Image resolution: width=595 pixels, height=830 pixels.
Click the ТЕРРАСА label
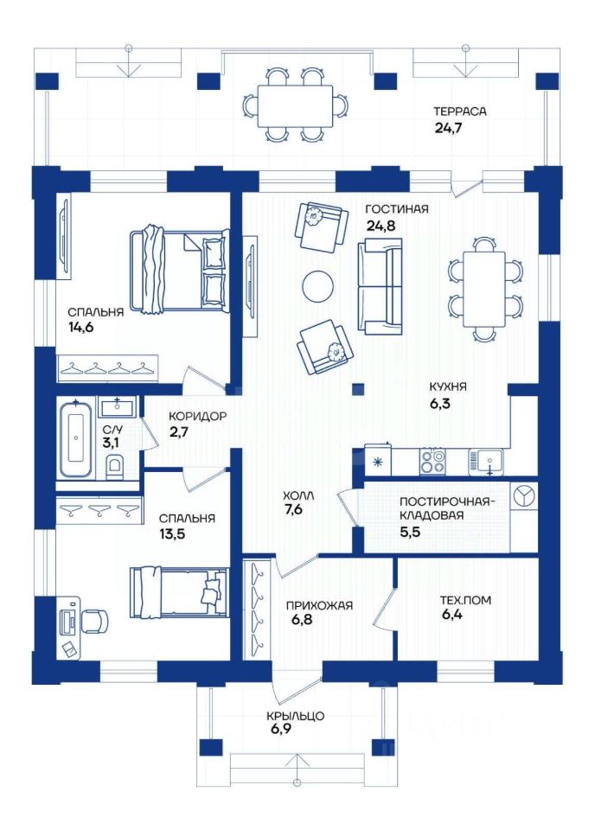click(459, 112)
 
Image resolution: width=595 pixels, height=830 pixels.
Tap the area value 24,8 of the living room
click(381, 226)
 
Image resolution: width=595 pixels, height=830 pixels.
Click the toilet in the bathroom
click(114, 467)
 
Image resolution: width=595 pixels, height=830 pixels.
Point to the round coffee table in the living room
click(317, 286)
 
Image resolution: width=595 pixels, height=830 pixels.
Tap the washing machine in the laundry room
click(524, 497)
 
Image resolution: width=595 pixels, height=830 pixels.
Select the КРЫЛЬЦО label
click(296, 716)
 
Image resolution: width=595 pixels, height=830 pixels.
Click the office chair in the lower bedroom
click(94, 621)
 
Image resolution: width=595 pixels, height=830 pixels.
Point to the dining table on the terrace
click(296, 105)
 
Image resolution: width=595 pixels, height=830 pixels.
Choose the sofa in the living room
click(380, 286)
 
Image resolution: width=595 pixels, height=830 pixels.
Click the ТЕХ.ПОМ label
click(465, 600)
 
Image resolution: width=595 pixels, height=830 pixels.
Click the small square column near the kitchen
click(358, 389)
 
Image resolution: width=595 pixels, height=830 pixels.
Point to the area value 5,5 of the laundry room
click(410, 532)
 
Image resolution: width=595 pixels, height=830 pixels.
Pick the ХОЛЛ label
click(298, 495)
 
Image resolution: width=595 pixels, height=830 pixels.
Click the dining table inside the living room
click(484, 290)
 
